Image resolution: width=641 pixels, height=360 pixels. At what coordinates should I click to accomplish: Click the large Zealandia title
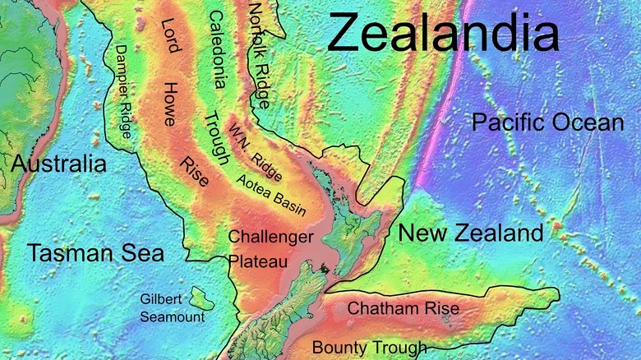point(444,35)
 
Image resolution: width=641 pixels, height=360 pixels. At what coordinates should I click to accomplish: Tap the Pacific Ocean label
point(548,123)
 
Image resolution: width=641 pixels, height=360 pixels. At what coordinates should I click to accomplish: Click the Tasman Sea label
point(95,253)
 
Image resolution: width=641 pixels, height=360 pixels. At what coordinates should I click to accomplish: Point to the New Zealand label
point(471,233)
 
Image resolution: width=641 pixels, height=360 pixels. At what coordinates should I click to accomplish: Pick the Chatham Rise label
point(403,309)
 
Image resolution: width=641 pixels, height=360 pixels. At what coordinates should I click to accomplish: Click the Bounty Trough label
point(369,348)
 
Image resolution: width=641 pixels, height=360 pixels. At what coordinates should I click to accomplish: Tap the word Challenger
point(270,238)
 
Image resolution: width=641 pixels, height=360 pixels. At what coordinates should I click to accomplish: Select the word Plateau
point(259,262)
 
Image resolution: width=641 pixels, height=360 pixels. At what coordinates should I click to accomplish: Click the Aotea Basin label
point(270,195)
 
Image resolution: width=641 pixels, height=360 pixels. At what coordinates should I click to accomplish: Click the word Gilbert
point(160,300)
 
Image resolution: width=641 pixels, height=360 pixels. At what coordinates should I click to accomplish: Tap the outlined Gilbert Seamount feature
point(198,299)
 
